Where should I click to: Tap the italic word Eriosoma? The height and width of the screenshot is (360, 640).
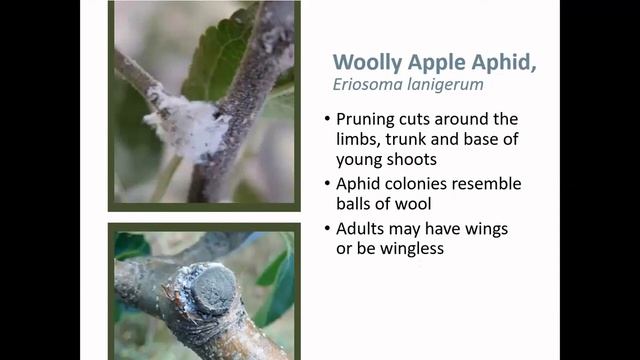[x=367, y=87]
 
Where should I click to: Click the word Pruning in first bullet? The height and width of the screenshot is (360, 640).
[x=369, y=120]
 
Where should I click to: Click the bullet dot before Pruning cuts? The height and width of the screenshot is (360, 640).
[x=327, y=121]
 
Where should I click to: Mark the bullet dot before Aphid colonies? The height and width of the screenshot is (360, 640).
[x=327, y=185]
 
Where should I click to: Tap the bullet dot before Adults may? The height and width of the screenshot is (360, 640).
[x=327, y=230]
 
